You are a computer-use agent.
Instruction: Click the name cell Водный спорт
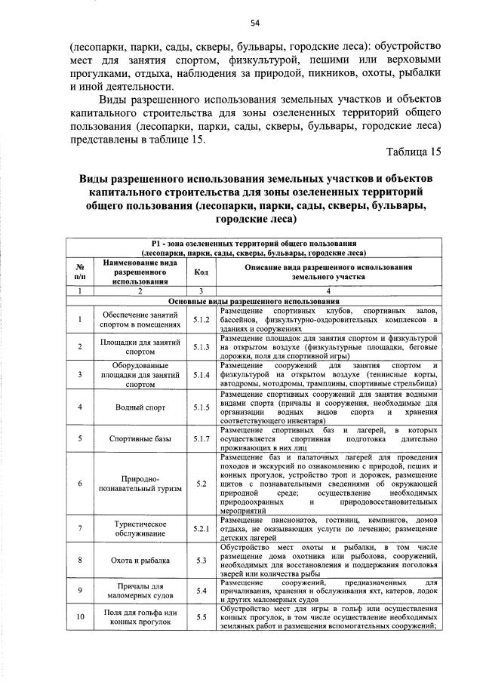click(x=139, y=407)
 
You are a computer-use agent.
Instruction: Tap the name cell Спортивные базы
click(x=139, y=438)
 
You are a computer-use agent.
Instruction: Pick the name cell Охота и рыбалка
click(x=139, y=561)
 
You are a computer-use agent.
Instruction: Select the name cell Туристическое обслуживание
click(x=139, y=528)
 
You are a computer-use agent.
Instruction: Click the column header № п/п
click(x=79, y=272)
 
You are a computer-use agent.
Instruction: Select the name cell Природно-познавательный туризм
click(x=139, y=484)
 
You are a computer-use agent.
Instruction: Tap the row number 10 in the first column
click(x=79, y=618)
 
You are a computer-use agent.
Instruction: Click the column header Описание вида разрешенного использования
click(x=328, y=272)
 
